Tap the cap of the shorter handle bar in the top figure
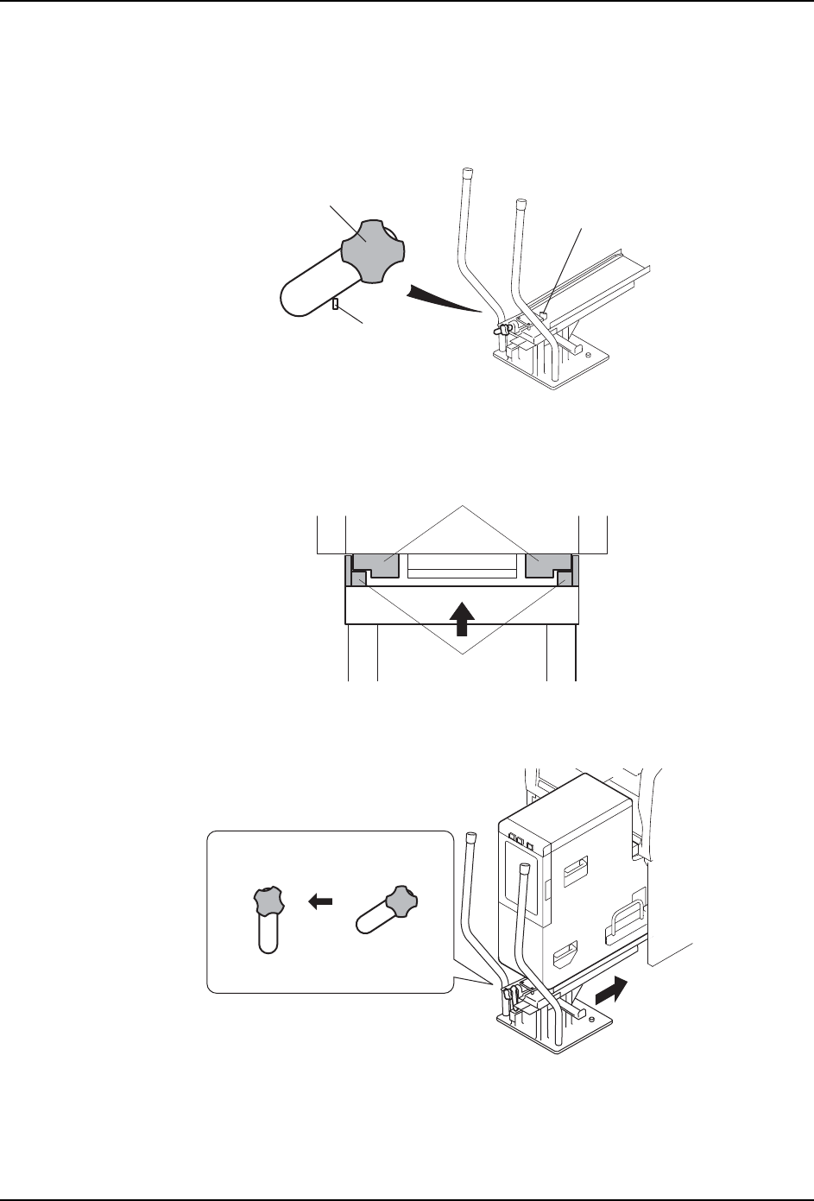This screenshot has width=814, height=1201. tap(521, 204)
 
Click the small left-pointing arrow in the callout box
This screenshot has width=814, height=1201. tap(321, 901)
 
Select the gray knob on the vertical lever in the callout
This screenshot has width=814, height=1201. tap(268, 901)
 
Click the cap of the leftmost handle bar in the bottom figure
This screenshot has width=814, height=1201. tap(472, 837)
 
